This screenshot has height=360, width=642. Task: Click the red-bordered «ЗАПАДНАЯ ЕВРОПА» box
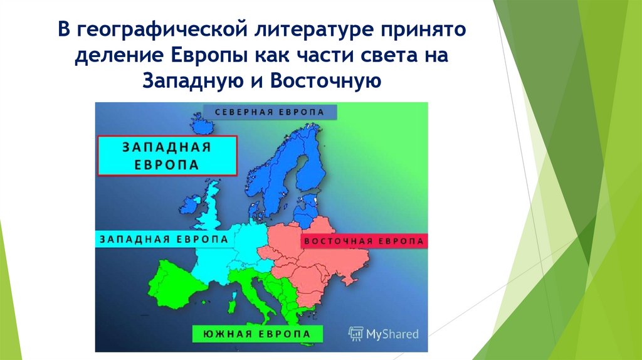[167, 155]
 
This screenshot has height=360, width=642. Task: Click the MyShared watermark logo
[383, 334]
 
